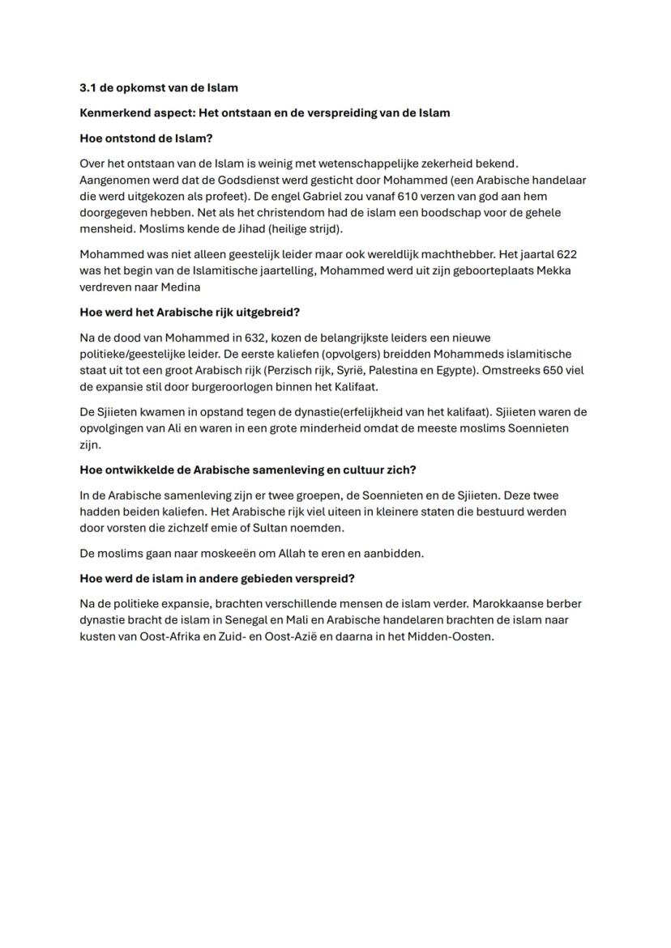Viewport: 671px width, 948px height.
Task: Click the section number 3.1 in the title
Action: tap(88, 87)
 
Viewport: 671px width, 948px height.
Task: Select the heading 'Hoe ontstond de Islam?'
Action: tap(146, 138)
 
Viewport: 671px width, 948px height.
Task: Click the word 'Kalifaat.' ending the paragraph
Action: tap(353, 386)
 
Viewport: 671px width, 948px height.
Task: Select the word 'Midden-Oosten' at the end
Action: tap(455, 636)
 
